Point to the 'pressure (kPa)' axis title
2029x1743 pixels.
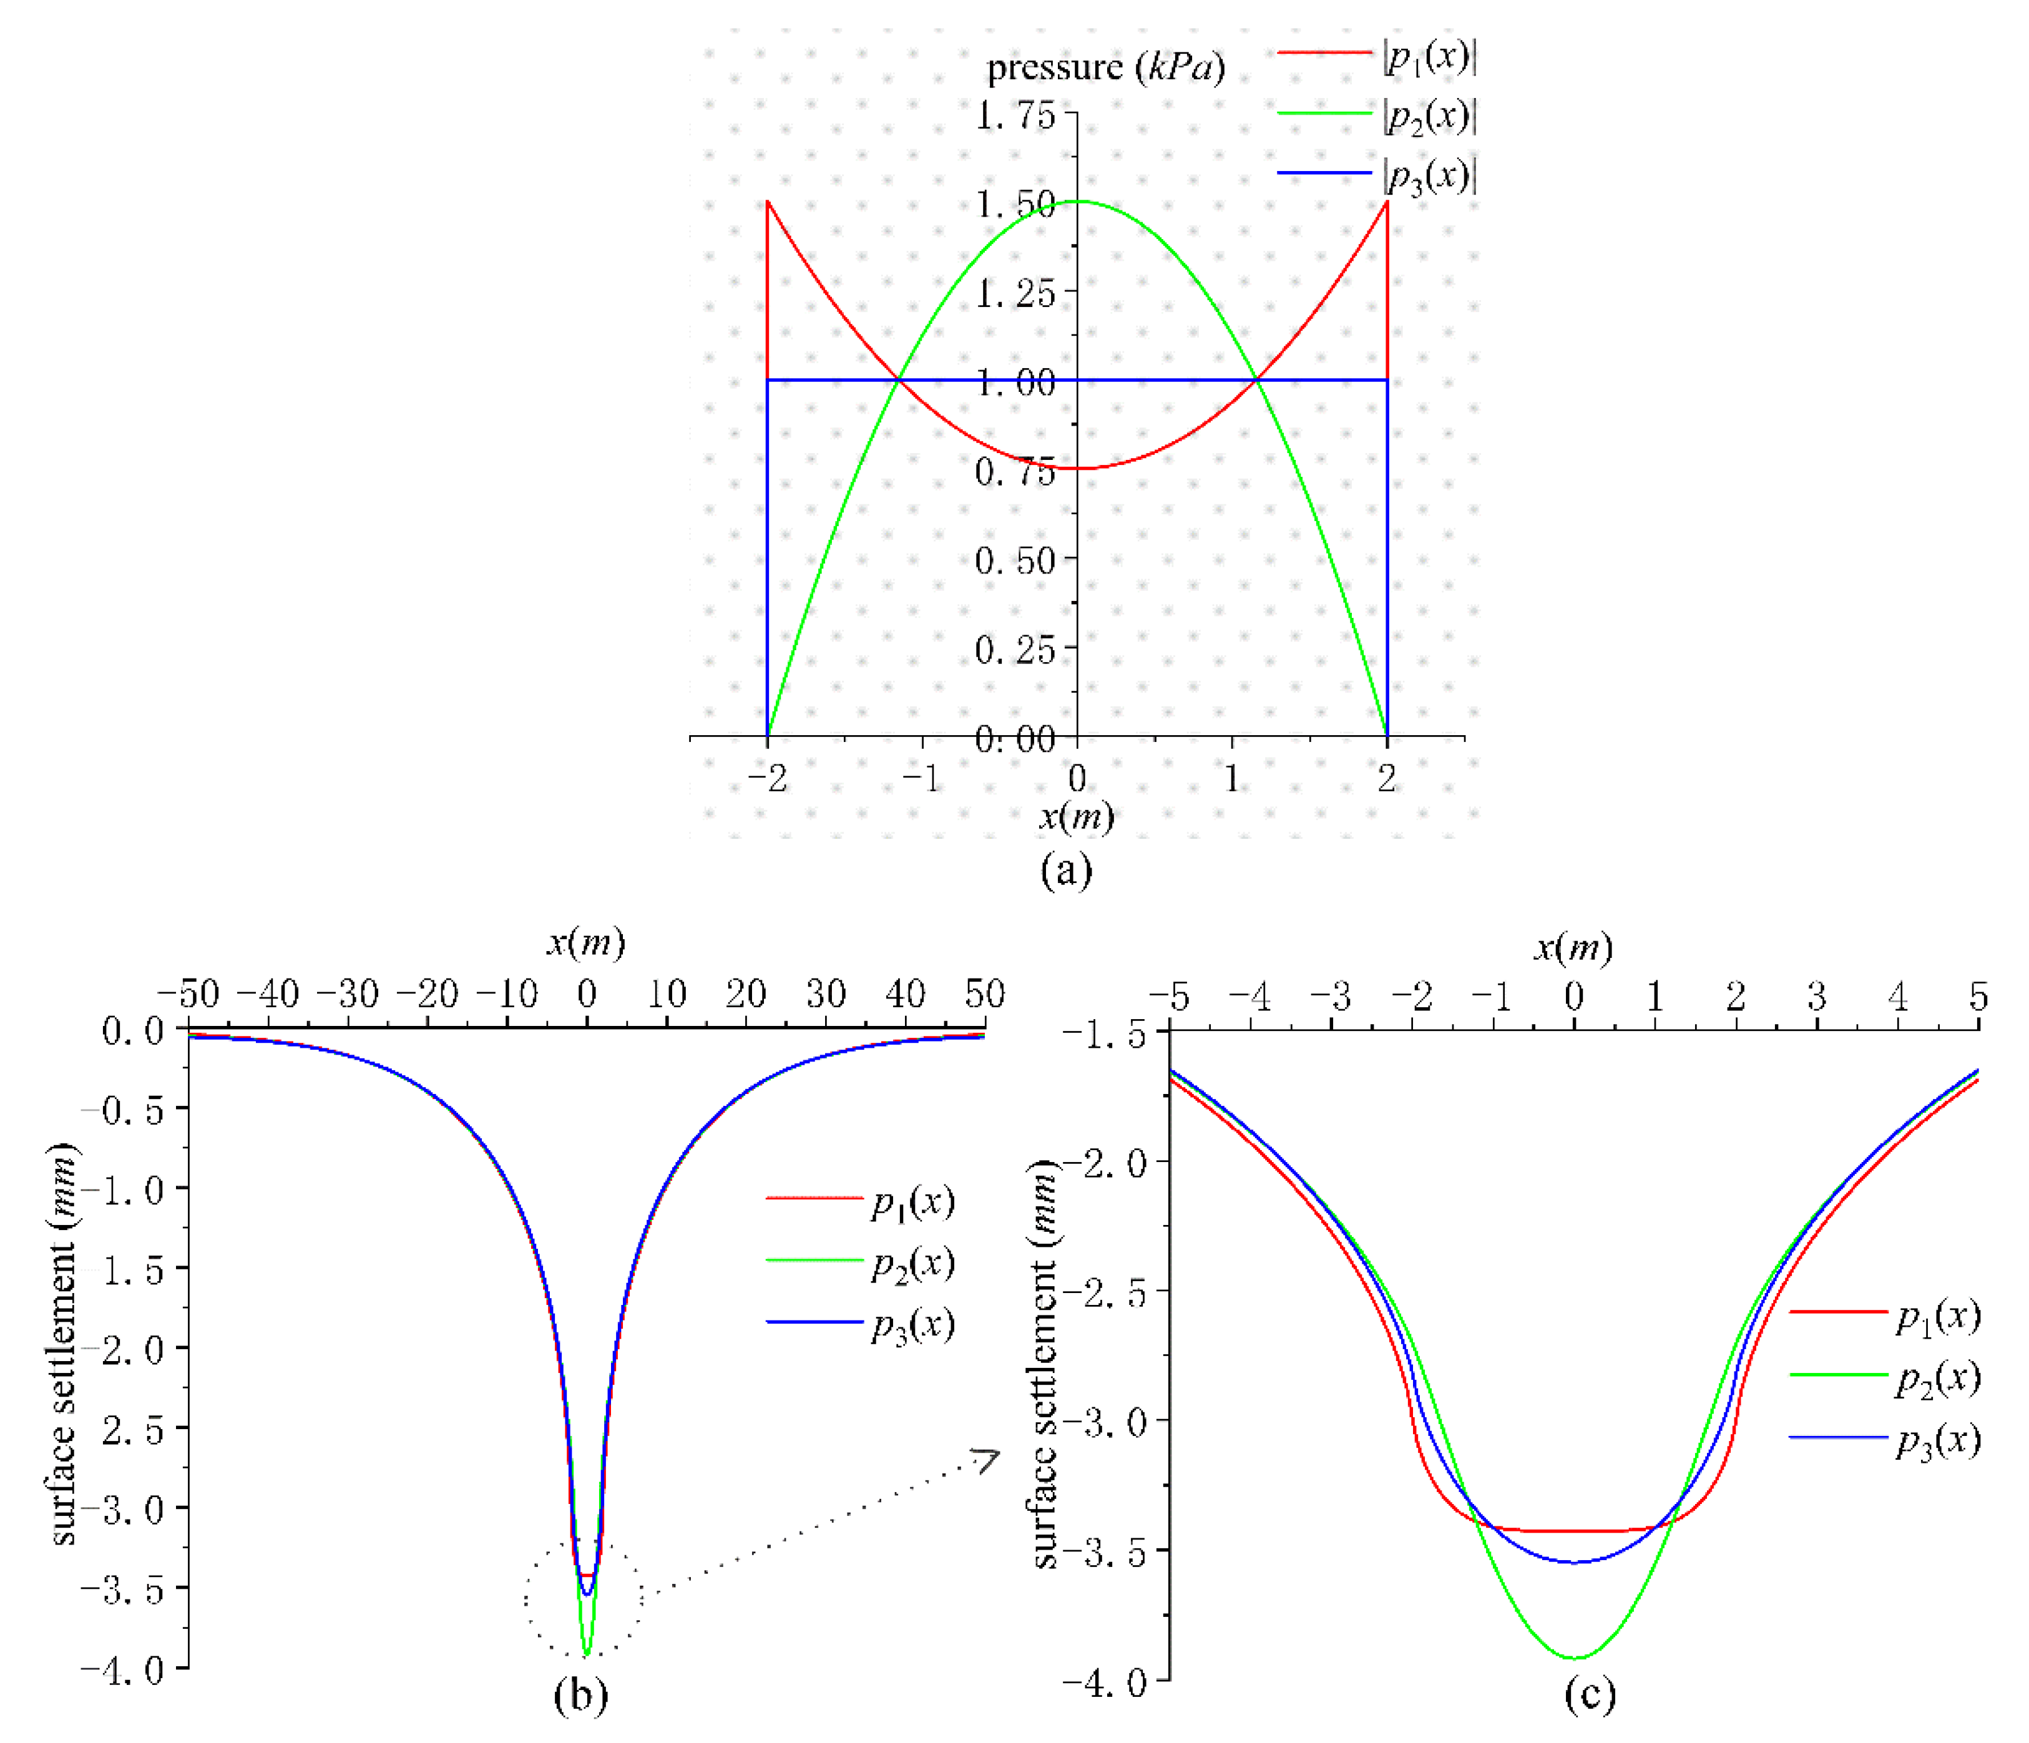tap(1105, 67)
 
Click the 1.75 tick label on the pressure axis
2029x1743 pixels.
tap(1015, 115)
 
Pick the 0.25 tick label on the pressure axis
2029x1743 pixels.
tap(1015, 649)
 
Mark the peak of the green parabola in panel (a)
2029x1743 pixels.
tap(1077, 202)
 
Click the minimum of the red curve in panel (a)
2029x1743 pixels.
tap(1077, 468)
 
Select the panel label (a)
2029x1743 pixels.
tap(1065, 869)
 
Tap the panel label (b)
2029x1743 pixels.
tap(580, 1695)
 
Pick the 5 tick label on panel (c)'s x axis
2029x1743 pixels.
tap(1978, 997)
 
